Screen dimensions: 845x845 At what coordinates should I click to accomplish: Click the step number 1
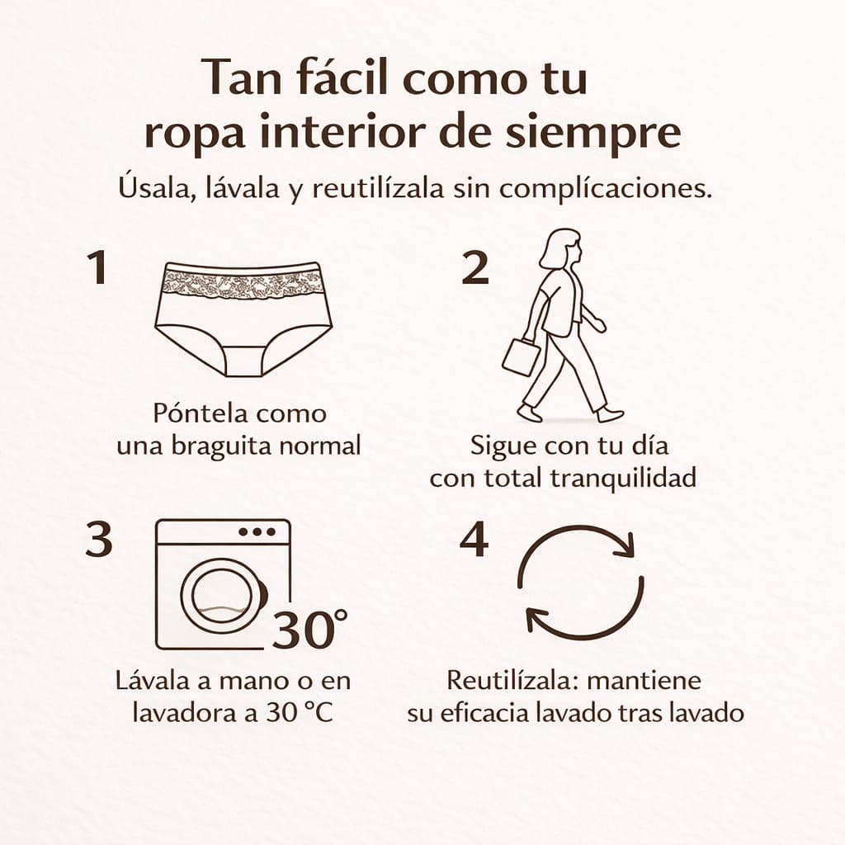click(97, 268)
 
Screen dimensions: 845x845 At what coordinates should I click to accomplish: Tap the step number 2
click(475, 268)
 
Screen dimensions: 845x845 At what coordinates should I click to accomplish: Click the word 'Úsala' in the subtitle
click(153, 189)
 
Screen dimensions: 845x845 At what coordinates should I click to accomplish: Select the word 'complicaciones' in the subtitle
click(602, 189)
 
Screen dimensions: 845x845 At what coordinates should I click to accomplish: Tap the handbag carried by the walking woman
click(521, 356)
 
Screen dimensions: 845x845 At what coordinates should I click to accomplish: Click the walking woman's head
click(561, 249)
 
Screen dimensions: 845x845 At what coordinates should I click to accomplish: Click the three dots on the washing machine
click(257, 532)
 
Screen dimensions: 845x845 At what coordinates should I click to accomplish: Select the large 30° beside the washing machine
click(309, 628)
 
